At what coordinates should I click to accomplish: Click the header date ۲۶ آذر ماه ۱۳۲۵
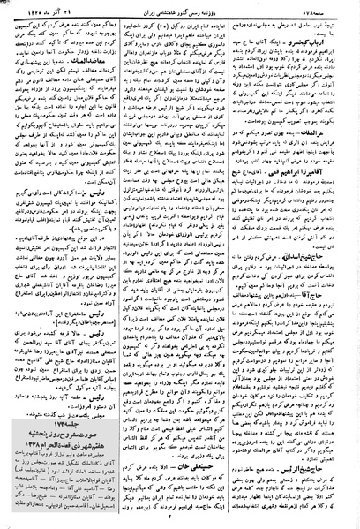(x=37, y=8)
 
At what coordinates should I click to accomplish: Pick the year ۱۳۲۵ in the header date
(x=23, y=8)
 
